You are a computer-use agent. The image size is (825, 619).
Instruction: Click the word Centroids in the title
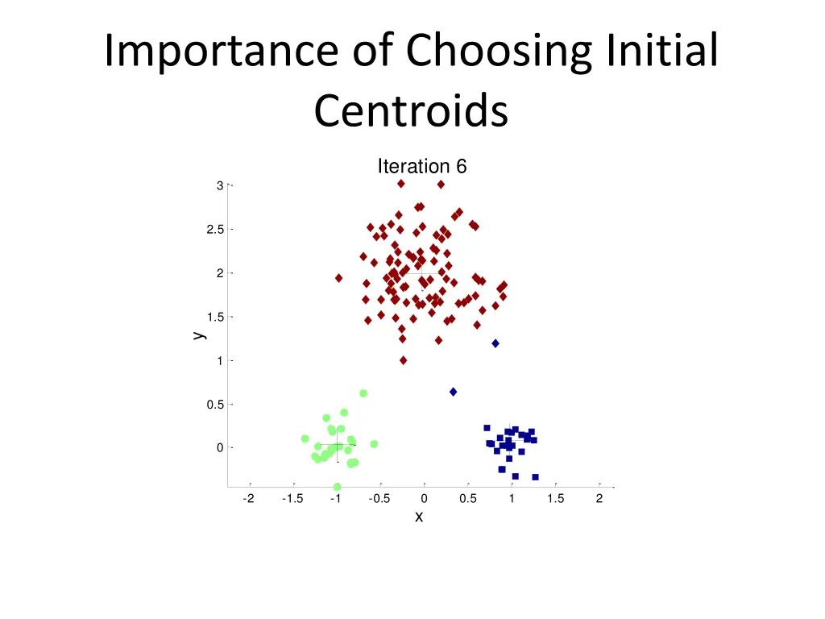[411, 111]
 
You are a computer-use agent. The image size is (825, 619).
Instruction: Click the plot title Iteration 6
[422, 167]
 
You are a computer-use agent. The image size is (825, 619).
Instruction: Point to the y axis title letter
[199, 334]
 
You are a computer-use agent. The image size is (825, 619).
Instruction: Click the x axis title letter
[419, 517]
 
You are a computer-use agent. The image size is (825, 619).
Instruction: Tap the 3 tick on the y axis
[219, 186]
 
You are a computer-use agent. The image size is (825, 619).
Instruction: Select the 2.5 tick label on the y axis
[215, 230]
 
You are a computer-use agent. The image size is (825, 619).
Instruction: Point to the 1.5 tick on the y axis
[215, 317]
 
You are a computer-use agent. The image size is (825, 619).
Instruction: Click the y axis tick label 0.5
[215, 405]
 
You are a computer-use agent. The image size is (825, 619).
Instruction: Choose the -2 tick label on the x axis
[248, 499]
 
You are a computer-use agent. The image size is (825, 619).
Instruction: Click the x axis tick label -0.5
[379, 499]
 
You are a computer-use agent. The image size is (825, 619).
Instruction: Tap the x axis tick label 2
[599, 499]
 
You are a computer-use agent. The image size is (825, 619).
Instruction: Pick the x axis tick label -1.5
[292, 499]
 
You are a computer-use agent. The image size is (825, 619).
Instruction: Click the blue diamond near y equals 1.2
[495, 343]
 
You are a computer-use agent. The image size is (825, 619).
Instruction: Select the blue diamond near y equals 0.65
[454, 392]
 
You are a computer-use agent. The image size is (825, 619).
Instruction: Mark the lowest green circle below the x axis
[337, 487]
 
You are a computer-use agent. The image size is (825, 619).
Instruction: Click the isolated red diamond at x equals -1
[338, 278]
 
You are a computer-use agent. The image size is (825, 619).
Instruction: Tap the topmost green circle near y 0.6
[363, 393]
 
